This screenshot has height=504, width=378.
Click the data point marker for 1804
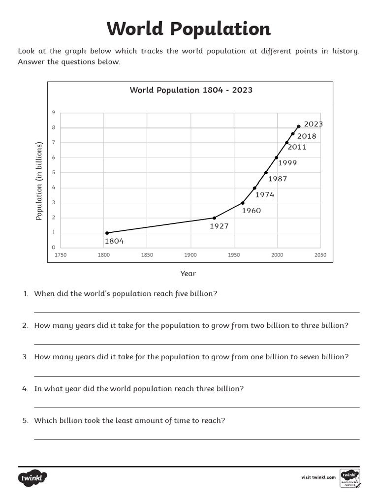pos(107,233)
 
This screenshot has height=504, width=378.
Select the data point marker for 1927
pos(214,218)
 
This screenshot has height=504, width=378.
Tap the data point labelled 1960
pos(242,203)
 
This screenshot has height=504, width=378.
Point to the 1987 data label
pos(278,179)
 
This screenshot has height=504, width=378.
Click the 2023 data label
pos(314,124)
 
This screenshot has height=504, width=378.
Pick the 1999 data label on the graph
pos(287,162)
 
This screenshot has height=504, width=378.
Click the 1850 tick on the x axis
pos(147,255)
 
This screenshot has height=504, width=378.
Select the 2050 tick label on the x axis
pos(320,255)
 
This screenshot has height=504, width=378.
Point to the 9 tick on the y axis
pos(54,113)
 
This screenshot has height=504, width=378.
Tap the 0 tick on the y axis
pos(54,248)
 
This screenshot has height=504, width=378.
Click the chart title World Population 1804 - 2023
pos(191,90)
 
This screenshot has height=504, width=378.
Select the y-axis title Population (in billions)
pos(39,181)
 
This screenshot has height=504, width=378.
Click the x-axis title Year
pos(188,274)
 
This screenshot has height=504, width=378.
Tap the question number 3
pos(25,357)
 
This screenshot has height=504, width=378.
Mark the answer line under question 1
pos(196,312)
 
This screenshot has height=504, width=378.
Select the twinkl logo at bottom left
pos(33,478)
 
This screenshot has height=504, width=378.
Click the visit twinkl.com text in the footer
pos(318,477)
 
